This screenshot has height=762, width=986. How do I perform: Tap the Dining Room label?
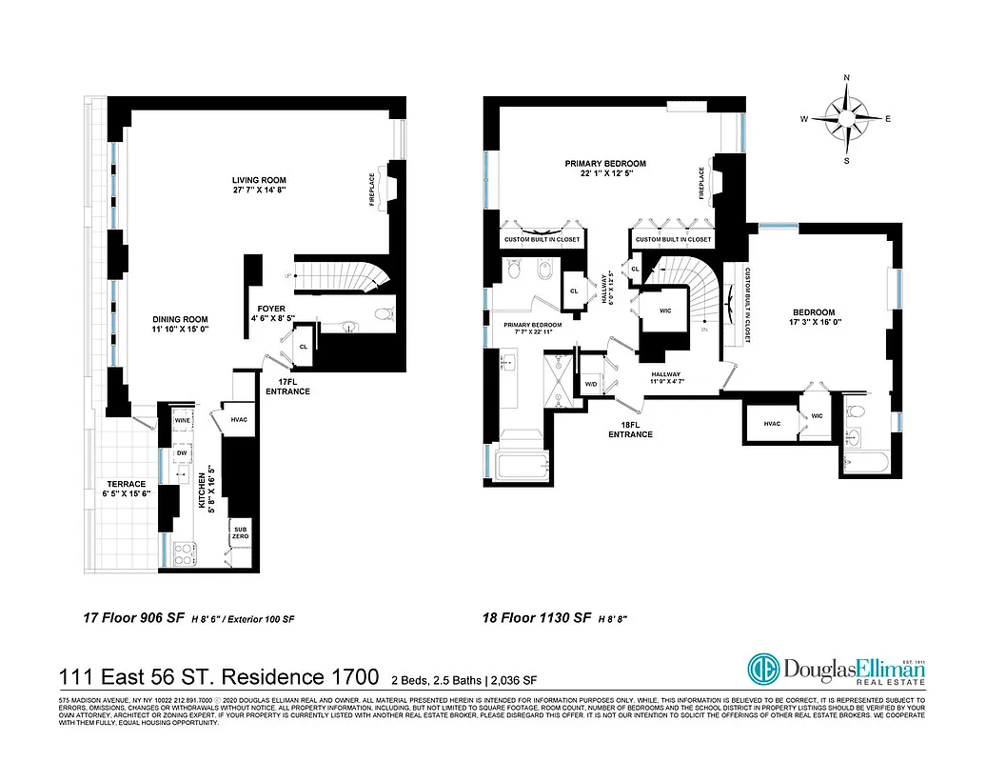(x=180, y=324)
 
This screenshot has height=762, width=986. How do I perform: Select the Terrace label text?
(x=126, y=488)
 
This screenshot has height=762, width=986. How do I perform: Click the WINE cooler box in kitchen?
(x=182, y=419)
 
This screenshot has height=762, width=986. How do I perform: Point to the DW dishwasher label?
(x=182, y=453)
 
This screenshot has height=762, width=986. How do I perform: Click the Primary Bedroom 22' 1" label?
(x=605, y=169)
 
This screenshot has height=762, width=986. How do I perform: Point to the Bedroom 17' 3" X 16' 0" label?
(x=813, y=317)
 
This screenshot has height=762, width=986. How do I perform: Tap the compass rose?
(x=847, y=120)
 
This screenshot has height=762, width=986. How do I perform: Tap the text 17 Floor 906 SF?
(x=135, y=619)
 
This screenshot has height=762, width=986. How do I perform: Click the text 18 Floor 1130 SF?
(x=536, y=619)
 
